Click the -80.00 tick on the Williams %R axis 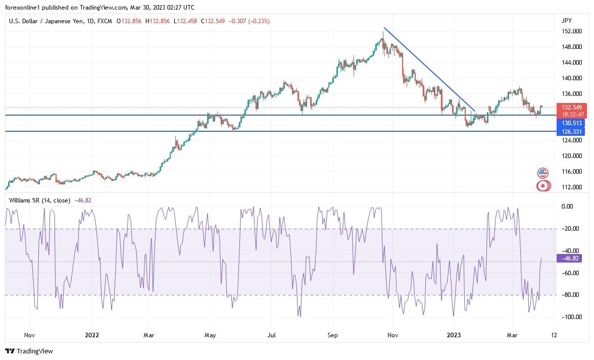pyautogui.click(x=570, y=295)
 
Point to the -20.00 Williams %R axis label pyautogui.click(x=570, y=229)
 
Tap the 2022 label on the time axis pyautogui.click(x=92, y=334)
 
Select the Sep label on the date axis pyautogui.click(x=332, y=334)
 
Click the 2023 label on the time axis pyautogui.click(x=453, y=334)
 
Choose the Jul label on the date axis pyautogui.click(x=272, y=334)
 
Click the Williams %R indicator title pyautogui.click(x=39, y=200)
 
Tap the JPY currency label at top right pyautogui.click(x=567, y=20)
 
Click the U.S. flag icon pyautogui.click(x=543, y=173)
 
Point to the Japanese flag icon pyautogui.click(x=543, y=186)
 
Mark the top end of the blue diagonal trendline pyautogui.click(x=384, y=28)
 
